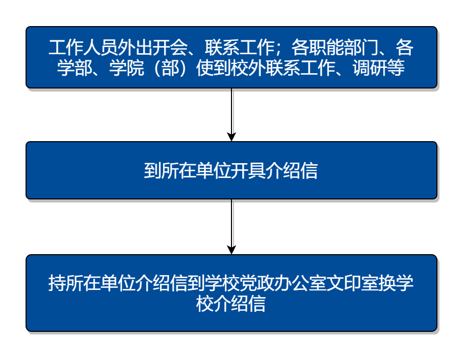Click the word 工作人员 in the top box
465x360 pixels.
(83, 48)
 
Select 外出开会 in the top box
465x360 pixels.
(152, 48)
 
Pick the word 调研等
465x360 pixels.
(379, 68)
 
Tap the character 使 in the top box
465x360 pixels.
(204, 68)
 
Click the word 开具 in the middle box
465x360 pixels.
(248, 171)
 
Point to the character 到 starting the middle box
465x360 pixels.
(152, 171)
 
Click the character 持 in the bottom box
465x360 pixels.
(57, 283)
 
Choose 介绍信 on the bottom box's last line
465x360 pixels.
(239, 304)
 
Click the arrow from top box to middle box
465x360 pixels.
(231, 115)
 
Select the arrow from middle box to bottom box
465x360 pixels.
(231, 227)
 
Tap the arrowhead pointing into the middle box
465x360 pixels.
(231, 137)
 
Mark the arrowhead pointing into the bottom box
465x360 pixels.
(231, 250)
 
